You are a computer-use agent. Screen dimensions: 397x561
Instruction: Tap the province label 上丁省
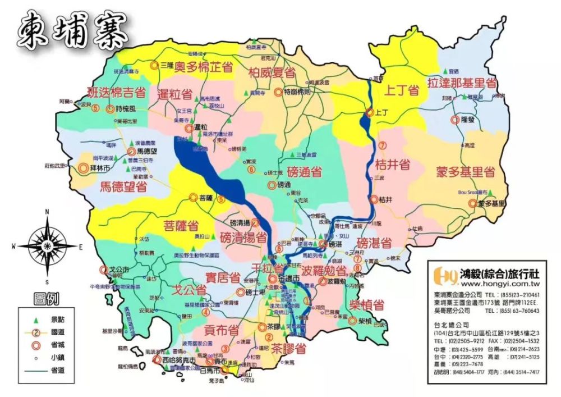pyautogui.click(x=402, y=90)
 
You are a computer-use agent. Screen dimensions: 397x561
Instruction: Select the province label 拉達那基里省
pyautogui.click(x=462, y=83)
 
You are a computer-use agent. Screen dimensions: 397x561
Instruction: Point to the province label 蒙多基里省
pyautogui.click(x=465, y=172)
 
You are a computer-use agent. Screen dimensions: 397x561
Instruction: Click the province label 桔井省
pyautogui.click(x=392, y=165)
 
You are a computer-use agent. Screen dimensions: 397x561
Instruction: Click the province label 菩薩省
pyautogui.click(x=181, y=226)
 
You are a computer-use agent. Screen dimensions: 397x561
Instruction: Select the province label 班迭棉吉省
pyautogui.click(x=116, y=93)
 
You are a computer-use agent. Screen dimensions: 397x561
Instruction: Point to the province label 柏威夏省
pyautogui.click(x=272, y=72)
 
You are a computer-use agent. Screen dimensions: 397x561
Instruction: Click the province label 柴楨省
pyautogui.click(x=367, y=305)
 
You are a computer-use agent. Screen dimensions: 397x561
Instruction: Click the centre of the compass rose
pyautogui.click(x=48, y=246)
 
